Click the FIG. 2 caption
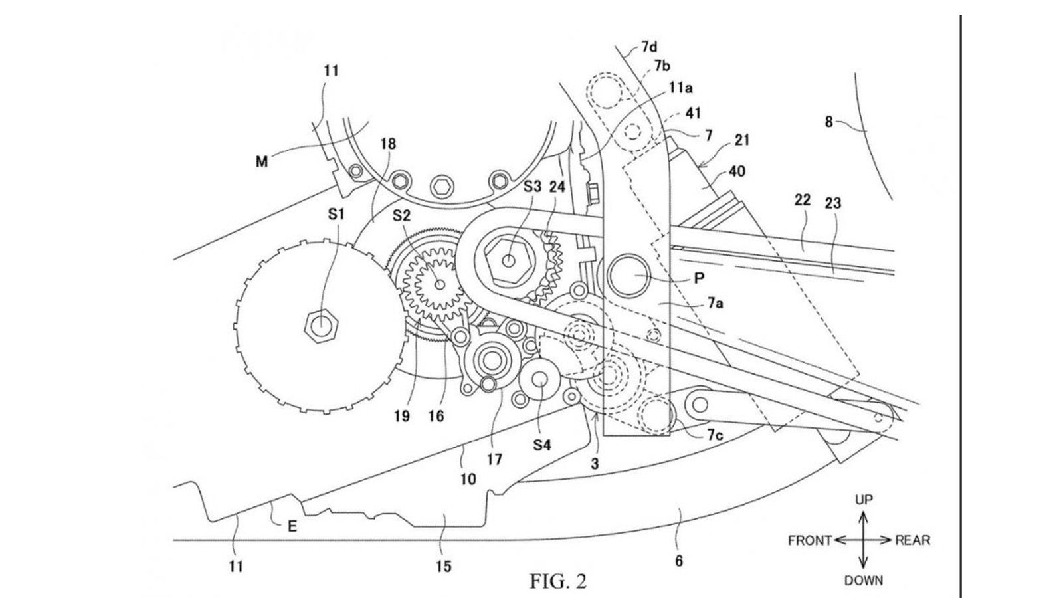click(x=558, y=582)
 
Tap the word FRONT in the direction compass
click(x=810, y=540)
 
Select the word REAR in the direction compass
click(x=912, y=540)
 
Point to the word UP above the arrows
click(x=863, y=500)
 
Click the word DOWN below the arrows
click(x=864, y=580)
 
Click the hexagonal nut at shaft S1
click(x=319, y=325)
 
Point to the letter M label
click(x=262, y=161)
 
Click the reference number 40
click(x=737, y=171)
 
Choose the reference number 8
click(x=828, y=122)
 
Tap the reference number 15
click(x=443, y=566)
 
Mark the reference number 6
click(x=678, y=561)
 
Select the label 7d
click(x=649, y=47)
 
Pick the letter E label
click(x=291, y=527)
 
